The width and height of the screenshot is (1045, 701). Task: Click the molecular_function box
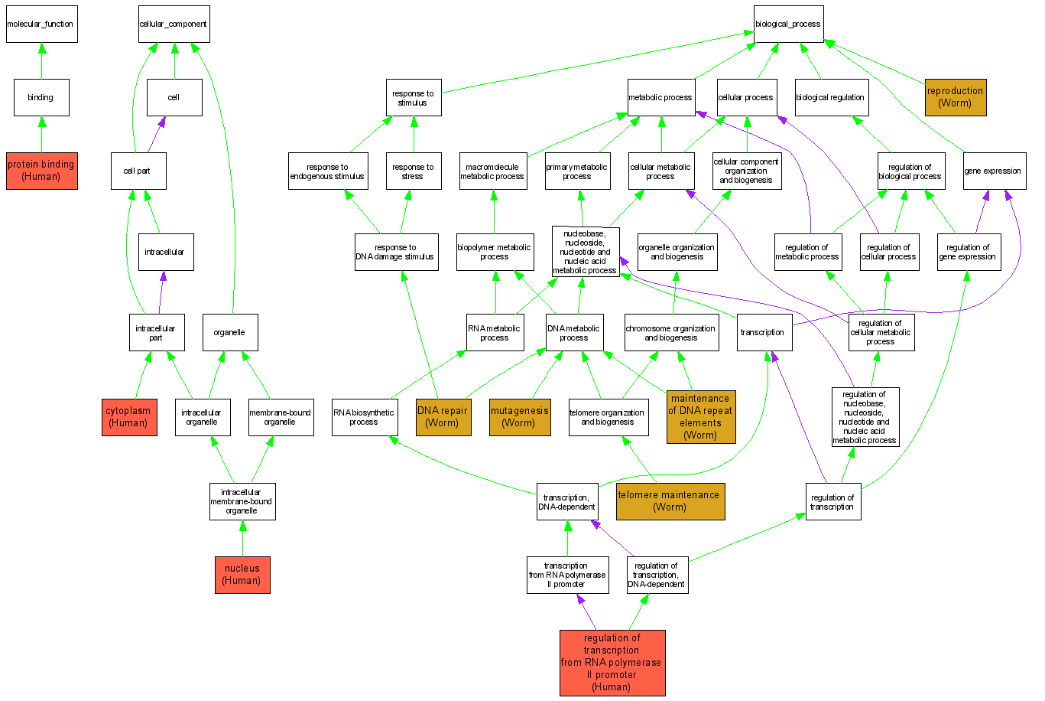[x=41, y=24]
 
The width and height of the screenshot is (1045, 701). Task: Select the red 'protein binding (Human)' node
[x=41, y=171]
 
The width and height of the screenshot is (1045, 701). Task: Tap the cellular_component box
[x=174, y=24]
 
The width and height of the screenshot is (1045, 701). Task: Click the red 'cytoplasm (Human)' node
[x=129, y=417]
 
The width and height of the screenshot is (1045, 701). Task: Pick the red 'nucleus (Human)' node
[x=242, y=575]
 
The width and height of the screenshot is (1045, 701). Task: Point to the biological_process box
[x=788, y=24]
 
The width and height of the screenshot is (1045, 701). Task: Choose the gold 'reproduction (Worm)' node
[x=955, y=97]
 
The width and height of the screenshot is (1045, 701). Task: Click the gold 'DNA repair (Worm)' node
[x=442, y=417]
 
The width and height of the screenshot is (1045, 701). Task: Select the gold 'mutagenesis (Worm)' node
[x=520, y=417]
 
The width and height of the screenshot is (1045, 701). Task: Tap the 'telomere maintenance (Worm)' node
[x=669, y=501]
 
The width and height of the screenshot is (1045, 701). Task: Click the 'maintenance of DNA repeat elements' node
[x=700, y=417]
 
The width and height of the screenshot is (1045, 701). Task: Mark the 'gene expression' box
[x=993, y=171]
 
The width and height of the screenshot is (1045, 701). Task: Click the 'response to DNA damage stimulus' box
[x=396, y=253]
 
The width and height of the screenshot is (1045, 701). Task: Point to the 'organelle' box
[x=230, y=332]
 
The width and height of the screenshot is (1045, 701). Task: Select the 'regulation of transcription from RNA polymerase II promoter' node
[x=612, y=663]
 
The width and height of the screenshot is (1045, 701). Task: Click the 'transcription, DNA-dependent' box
[x=566, y=502]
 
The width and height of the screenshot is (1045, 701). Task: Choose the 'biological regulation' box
[x=831, y=98]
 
